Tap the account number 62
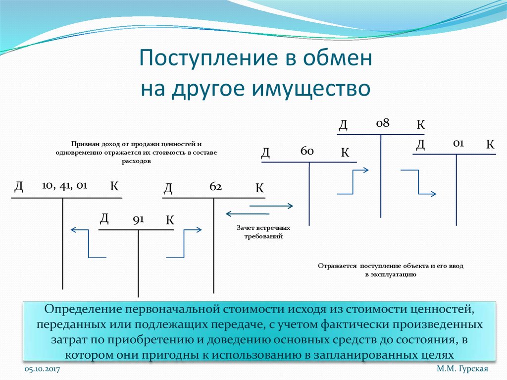[x=215, y=187]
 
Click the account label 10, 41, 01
[x=65, y=185]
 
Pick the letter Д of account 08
[x=343, y=124]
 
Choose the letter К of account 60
[x=345, y=153]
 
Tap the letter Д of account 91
[x=104, y=218]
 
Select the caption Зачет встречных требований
[x=263, y=232]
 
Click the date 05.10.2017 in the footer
[x=42, y=370]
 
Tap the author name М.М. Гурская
[x=462, y=370]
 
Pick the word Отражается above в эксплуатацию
[x=338, y=266]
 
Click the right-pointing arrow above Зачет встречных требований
[x=272, y=205]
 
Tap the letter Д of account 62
[x=168, y=188]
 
